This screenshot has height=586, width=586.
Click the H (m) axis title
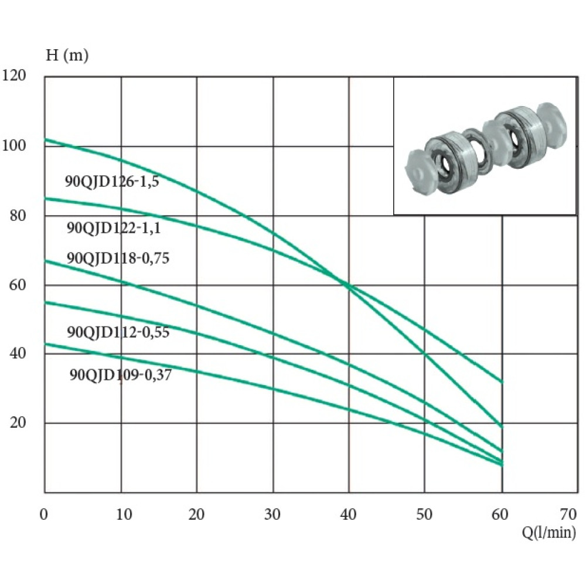click(67, 55)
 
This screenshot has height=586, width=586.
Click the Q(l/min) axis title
click(548, 532)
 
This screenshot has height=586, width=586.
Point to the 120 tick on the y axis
click(14, 75)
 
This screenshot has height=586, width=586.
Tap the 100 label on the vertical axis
click(14, 145)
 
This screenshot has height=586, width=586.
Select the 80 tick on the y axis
click(18, 215)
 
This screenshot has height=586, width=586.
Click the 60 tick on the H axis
click(18, 285)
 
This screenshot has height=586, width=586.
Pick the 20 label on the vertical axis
click(18, 423)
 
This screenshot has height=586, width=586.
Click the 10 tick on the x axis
click(124, 515)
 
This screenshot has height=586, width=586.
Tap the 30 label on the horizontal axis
click(272, 515)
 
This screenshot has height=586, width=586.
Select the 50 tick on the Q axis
click(424, 515)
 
